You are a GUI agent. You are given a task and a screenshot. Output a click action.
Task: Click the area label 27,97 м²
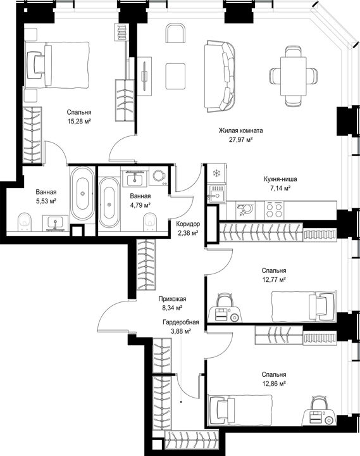point(240,140)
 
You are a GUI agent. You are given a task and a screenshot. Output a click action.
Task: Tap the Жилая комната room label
point(240,130)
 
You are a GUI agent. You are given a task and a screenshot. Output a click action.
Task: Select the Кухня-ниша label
point(280,179)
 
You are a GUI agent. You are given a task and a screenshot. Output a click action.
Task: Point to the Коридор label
point(188,224)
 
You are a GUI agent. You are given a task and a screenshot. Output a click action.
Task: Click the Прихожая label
point(172,299)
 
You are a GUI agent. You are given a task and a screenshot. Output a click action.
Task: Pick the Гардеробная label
point(181,322)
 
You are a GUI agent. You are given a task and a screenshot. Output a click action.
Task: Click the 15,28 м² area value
point(79,121)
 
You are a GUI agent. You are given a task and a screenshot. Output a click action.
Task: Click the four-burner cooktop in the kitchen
point(275,210)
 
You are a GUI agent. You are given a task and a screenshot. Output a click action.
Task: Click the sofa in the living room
point(220,77)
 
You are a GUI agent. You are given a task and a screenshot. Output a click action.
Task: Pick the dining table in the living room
point(293,76)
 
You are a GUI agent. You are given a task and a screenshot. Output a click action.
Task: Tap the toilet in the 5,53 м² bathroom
point(25,222)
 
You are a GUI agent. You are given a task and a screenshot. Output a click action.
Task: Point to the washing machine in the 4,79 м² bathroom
point(158,176)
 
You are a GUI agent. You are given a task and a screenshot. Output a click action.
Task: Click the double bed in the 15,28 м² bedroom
point(57,65)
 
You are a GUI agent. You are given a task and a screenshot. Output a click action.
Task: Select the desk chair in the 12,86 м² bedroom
point(317,403)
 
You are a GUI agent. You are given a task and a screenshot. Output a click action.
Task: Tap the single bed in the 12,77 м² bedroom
point(304,307)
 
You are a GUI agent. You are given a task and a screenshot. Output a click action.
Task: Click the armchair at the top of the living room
point(176,34)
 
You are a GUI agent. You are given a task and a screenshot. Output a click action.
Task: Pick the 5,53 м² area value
point(46,201)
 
